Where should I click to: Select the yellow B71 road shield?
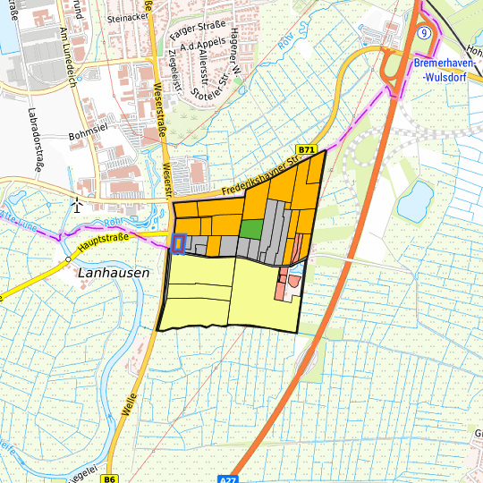click(x=307, y=149)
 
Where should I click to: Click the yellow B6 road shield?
click(x=109, y=479)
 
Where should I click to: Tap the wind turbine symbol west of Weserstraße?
click(x=78, y=205)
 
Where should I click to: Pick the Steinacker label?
click(x=125, y=17)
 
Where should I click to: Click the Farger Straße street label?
click(x=197, y=34)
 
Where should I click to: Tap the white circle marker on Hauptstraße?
click(x=68, y=259)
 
